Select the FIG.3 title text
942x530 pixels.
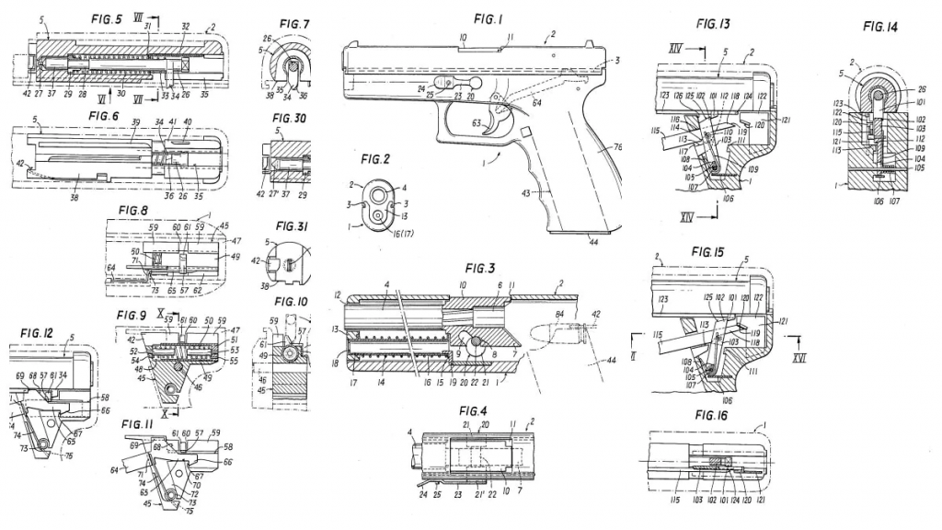480,268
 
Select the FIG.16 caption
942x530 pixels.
713,415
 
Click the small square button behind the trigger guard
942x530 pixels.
527,134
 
